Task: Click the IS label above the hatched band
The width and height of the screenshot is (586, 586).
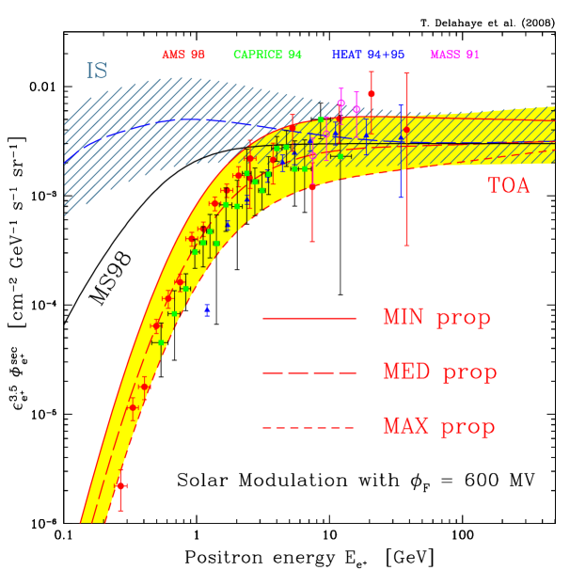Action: [x=97, y=71]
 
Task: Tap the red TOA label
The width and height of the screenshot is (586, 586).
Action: [x=508, y=186]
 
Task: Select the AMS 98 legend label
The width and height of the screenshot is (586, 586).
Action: [x=183, y=55]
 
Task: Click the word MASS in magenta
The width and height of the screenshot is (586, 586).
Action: [x=445, y=55]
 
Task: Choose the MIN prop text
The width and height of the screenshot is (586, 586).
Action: [x=436, y=318]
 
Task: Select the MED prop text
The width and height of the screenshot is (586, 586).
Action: [x=439, y=372]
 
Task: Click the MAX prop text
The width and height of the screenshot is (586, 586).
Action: [x=438, y=427]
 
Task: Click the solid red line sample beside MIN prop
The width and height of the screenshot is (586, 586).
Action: [x=309, y=319]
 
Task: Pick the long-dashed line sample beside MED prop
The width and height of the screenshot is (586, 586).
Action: [x=309, y=373]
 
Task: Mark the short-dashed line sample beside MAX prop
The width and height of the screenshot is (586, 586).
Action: [x=309, y=428]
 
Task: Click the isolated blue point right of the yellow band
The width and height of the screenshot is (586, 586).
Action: [x=207, y=309]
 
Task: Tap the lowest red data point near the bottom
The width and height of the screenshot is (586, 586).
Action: [x=121, y=485]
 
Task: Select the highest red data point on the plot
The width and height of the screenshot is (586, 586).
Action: [x=372, y=94]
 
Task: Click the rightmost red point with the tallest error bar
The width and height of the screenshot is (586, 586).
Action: [x=406, y=130]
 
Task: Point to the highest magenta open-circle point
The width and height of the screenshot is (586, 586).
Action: [x=341, y=103]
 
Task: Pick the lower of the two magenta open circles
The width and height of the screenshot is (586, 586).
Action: [x=356, y=109]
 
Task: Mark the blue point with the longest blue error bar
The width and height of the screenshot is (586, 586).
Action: [x=401, y=138]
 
